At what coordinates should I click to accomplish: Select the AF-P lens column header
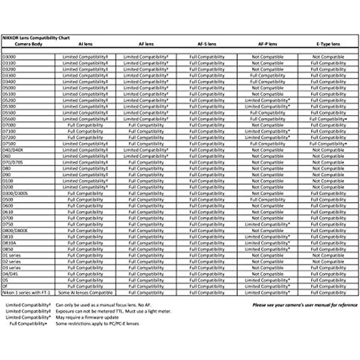point(268,44)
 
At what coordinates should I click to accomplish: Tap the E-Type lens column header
point(328,44)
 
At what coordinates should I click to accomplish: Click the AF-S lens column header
point(207,44)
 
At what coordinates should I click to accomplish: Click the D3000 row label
point(9,57)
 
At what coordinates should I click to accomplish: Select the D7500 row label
point(9,144)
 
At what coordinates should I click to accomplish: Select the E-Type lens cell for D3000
point(328,57)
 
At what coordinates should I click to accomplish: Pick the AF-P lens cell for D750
point(268,224)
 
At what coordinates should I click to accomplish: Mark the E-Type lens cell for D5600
point(328,119)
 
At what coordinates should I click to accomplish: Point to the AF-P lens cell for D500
point(268,200)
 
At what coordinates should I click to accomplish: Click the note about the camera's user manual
point(305,305)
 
